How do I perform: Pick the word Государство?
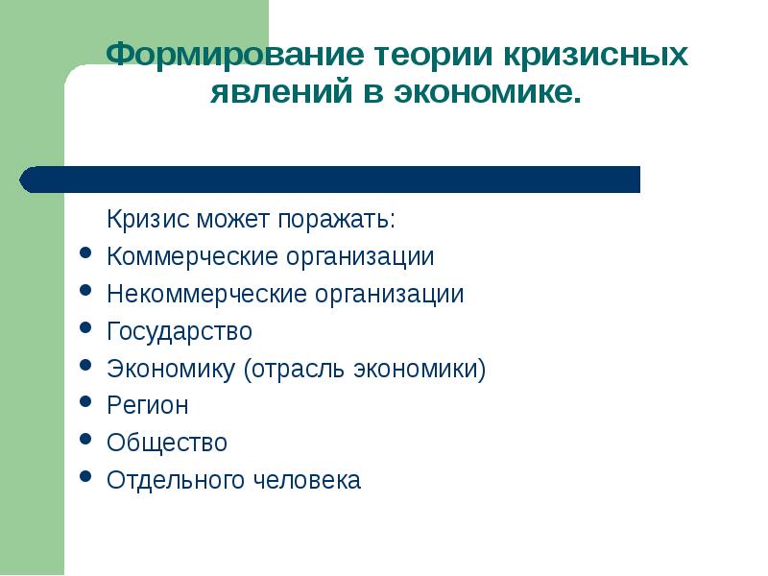[x=180, y=332]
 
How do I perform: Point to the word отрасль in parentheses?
[x=293, y=370]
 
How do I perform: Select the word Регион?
[x=148, y=406]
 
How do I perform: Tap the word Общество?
[x=167, y=444]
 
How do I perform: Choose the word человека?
[x=308, y=480]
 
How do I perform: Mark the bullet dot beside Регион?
[x=86, y=402]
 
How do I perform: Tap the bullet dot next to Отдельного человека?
[x=86, y=476]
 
